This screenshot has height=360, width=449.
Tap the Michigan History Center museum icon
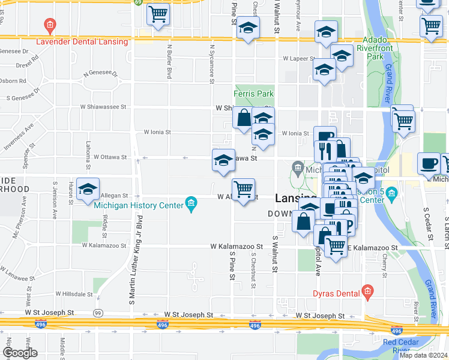point(191,204)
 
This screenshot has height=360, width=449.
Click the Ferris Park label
point(253,94)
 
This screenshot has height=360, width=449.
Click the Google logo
point(19,353)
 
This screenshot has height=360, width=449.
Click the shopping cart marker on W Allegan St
point(243,190)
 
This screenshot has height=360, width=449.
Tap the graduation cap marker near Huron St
point(88,190)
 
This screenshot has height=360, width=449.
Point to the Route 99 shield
point(98,313)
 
